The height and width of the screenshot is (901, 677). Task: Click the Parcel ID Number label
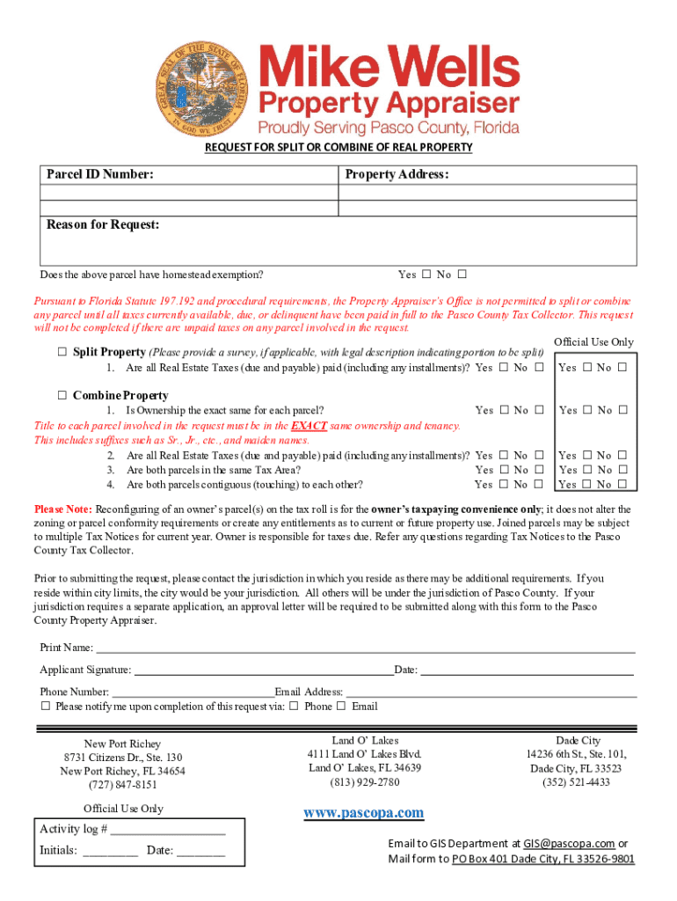click(100, 175)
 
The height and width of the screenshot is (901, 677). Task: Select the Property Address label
click(397, 175)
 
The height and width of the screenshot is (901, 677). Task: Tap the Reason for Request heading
click(103, 225)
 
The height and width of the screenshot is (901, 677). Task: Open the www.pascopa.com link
click(363, 813)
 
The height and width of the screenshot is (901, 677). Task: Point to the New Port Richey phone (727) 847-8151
click(122, 785)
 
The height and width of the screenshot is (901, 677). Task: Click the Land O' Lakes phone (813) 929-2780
click(364, 782)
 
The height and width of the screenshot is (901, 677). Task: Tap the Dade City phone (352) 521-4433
click(576, 782)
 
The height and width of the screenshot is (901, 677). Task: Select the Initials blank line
click(111, 851)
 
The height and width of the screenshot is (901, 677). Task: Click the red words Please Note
click(62, 509)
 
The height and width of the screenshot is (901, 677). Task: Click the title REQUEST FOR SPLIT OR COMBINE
click(338, 147)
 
